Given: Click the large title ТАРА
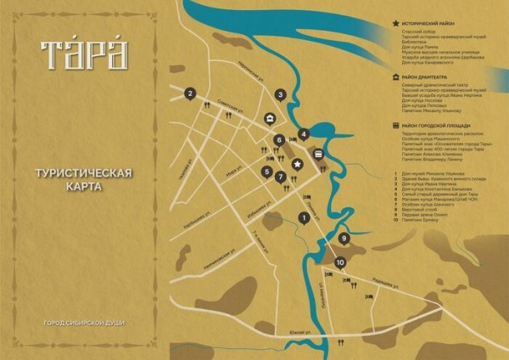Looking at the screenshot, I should pos(82,53).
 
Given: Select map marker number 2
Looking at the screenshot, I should pos(191,94).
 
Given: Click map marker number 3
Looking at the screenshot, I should pos(281,95).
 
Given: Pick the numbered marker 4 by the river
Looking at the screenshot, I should pos(303,134).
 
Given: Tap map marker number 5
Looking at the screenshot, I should pos(267,172).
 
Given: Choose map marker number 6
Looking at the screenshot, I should pos(278,140).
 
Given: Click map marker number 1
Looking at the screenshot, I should pos(303,218).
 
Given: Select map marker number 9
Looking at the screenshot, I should pos(344,239).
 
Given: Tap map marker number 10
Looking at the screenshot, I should pos(340,263).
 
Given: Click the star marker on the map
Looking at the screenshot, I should pos(297,164).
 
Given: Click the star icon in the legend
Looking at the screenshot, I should pos(397,25).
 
